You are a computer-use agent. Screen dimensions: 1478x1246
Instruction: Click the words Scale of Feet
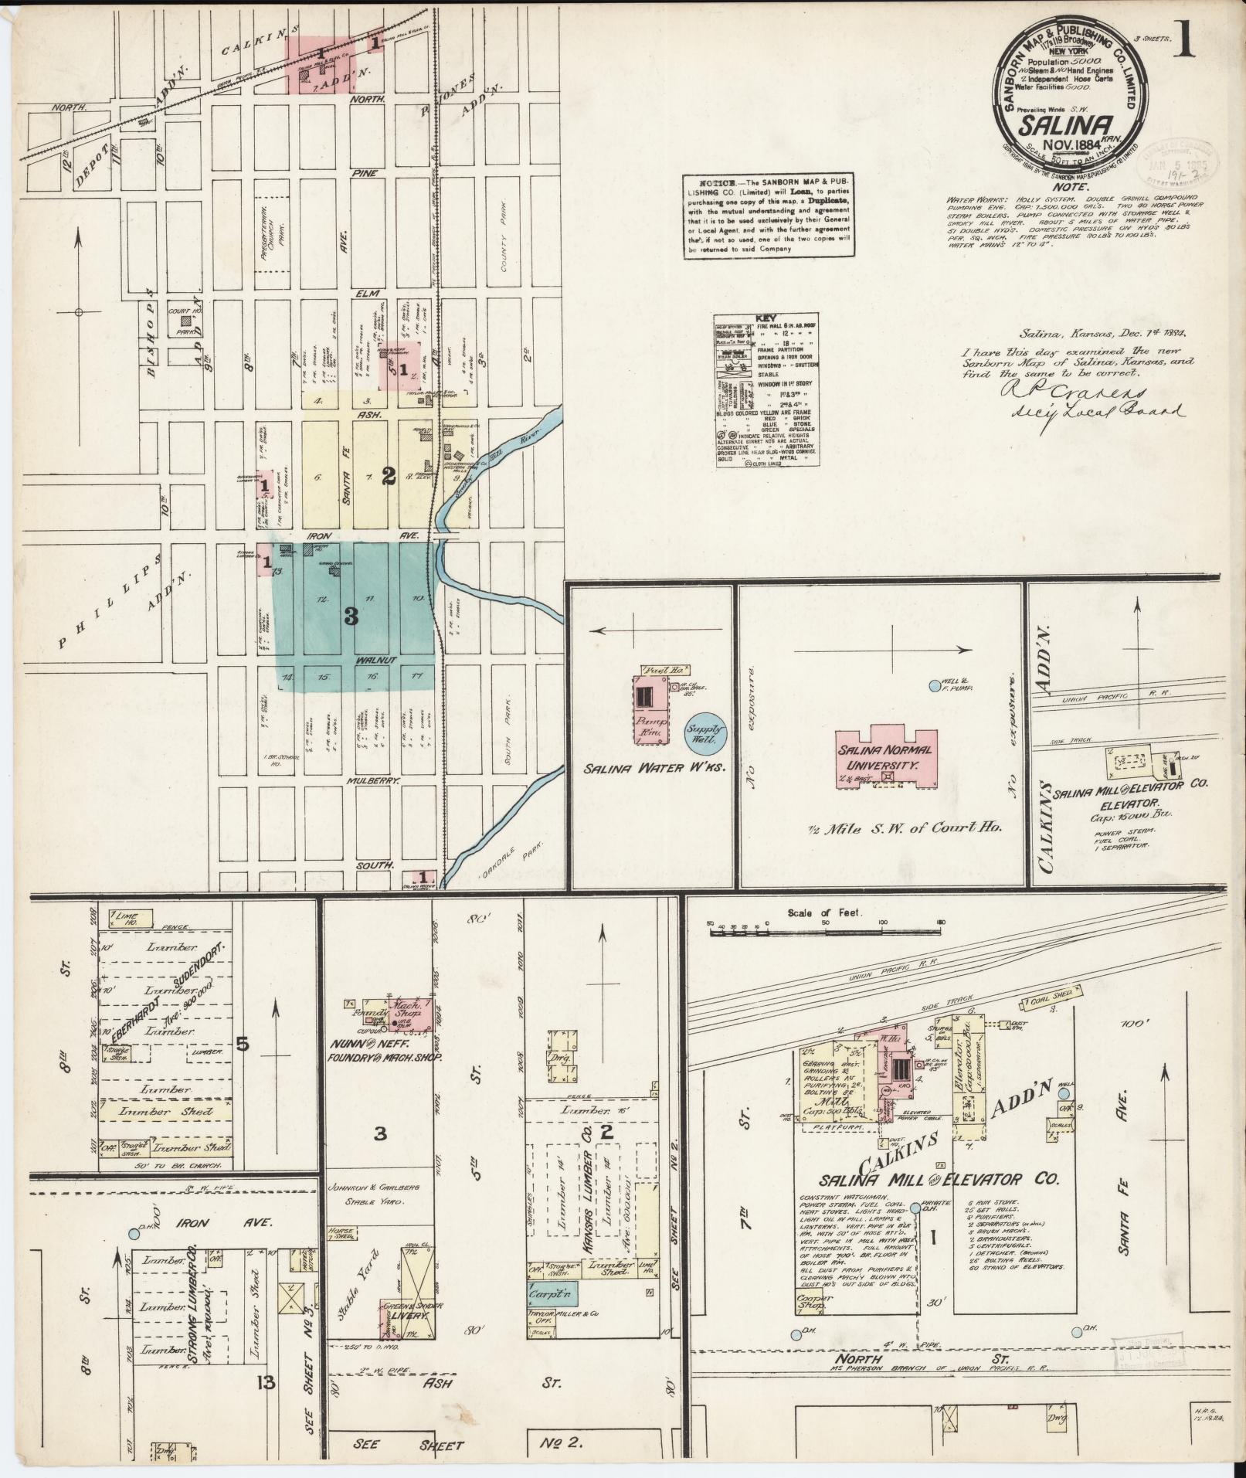(x=824, y=912)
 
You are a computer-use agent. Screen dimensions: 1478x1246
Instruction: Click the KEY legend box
(x=766, y=391)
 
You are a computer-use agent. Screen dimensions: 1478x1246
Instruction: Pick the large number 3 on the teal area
(x=351, y=616)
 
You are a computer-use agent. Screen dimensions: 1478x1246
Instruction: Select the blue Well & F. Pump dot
(x=935, y=685)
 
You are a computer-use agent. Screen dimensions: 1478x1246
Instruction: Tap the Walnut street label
(x=376, y=661)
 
